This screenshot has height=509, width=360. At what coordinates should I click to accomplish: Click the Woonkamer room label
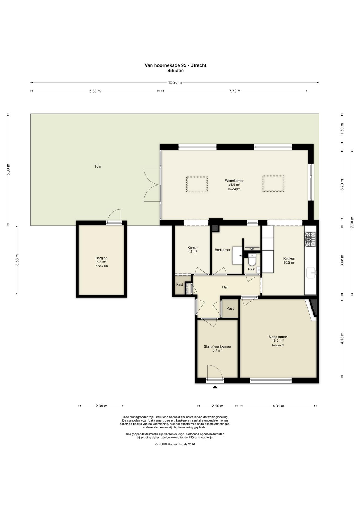pos(234,181)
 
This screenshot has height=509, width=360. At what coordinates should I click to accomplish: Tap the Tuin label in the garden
pos(98,166)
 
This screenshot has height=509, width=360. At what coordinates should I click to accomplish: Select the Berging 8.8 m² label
pos(102,260)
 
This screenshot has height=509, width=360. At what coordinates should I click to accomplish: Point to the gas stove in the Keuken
pos(310,239)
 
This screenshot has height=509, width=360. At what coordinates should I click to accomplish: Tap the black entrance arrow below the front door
pos(215,387)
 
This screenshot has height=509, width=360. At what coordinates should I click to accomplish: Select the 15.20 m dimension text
pos(175,82)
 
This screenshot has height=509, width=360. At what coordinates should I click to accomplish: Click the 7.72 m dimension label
pos(235,91)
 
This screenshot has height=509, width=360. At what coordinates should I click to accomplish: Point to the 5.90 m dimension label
pos(8,170)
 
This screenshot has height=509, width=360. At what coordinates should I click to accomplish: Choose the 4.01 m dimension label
pos(278,406)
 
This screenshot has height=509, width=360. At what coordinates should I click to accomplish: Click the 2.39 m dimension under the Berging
pos(102,406)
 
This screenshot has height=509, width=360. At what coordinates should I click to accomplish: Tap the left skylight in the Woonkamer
pos(197,184)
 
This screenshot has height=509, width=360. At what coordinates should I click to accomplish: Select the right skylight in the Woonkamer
pos(273,183)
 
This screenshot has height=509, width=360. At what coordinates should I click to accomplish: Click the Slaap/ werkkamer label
pos(217,346)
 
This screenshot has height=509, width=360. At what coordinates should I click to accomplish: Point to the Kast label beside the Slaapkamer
pos(230,308)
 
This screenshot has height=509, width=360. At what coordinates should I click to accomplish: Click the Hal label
pos(225,287)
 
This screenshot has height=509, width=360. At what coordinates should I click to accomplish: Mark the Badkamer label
pos(222,250)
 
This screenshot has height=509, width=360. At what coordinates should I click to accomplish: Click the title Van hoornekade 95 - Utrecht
pos(175,65)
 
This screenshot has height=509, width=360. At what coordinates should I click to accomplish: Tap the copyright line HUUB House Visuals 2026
pos(175,444)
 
